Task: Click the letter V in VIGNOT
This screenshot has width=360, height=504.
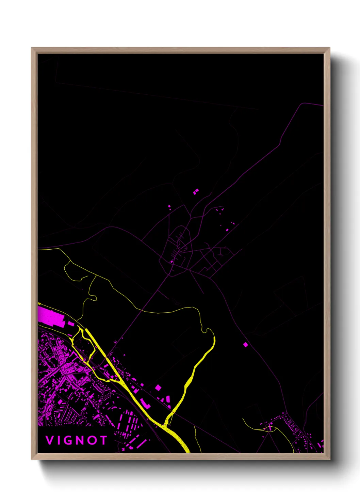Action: tap(49, 440)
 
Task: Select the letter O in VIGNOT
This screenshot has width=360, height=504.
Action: tap(92, 440)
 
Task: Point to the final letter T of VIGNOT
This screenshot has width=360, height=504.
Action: tap(103, 440)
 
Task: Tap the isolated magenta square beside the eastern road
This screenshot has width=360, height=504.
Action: tap(246, 345)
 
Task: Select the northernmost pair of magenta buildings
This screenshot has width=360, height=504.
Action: tap(195, 192)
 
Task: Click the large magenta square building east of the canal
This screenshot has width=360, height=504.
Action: tap(158, 388)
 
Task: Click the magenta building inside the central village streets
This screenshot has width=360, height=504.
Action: tap(172, 261)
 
